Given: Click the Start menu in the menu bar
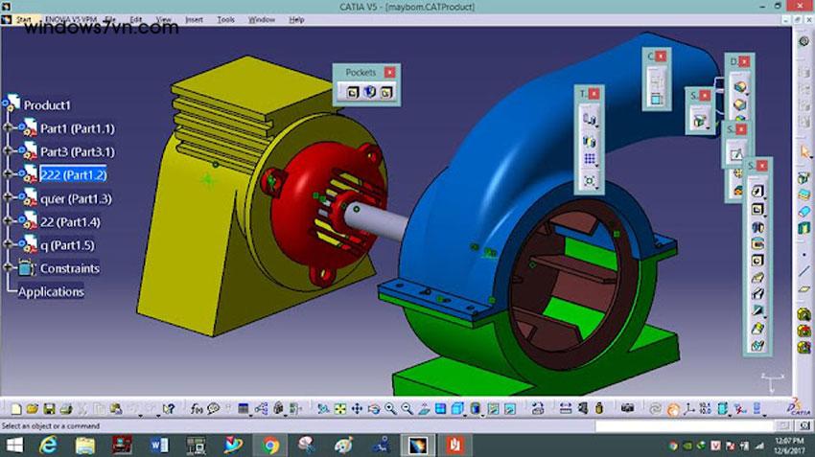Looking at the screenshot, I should [x=24, y=19].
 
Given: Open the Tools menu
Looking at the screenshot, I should [x=225, y=19].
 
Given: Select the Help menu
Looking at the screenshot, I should [x=296, y=19].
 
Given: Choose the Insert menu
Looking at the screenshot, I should [x=194, y=19].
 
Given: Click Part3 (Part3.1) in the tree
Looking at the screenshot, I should [x=77, y=151].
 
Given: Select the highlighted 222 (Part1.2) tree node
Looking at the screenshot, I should [x=73, y=174].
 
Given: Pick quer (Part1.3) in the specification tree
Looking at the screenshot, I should [x=76, y=198].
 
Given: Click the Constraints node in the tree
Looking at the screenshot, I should [x=69, y=268].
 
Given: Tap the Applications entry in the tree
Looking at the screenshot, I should [x=51, y=291].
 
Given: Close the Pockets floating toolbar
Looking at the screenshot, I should [x=389, y=72].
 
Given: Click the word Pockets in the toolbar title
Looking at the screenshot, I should [x=361, y=72].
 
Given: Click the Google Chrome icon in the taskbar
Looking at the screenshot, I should [x=270, y=446].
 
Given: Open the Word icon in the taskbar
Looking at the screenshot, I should [x=158, y=446].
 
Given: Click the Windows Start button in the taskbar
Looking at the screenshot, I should [x=15, y=446].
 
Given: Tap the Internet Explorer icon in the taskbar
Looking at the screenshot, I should [x=47, y=446].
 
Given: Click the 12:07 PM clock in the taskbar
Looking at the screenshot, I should [x=781, y=446].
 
